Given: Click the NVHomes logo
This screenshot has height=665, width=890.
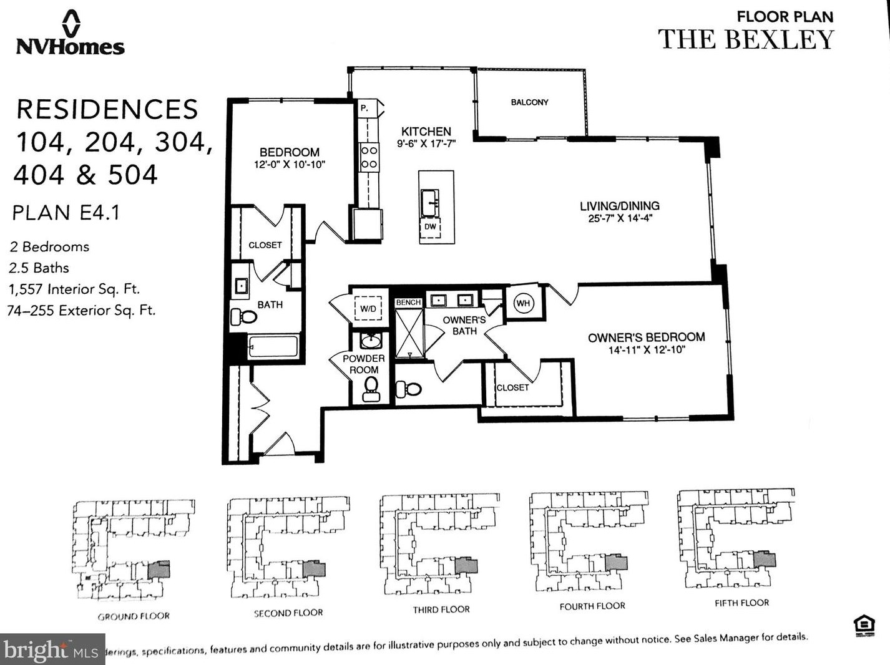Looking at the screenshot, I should (71, 34).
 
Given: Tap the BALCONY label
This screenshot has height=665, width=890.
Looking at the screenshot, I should (529, 102).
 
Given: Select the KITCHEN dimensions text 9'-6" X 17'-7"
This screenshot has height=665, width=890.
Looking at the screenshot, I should (426, 143).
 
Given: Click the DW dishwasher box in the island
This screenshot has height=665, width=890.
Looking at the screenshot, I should (430, 227).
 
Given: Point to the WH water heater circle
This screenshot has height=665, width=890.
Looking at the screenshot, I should (523, 303).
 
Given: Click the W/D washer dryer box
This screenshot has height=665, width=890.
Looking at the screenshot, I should (368, 309).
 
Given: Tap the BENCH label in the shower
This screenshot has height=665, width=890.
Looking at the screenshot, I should (408, 303).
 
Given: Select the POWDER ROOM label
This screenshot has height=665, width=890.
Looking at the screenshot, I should (363, 364).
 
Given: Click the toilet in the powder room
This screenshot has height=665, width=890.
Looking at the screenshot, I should (371, 389).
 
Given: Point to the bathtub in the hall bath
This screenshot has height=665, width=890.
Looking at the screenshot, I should (273, 346).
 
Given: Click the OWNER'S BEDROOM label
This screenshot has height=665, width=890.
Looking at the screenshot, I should (646, 337).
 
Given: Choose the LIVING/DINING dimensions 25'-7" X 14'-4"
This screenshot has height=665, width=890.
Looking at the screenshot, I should (620, 218).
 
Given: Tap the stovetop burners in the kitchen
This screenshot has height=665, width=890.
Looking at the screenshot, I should (369, 157).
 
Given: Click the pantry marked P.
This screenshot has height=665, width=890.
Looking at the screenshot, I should (364, 108).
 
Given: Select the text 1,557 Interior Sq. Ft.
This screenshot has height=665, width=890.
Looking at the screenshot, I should (74, 289).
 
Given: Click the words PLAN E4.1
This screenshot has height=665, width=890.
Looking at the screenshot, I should (66, 213).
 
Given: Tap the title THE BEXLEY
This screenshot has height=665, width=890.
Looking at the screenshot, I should (746, 39).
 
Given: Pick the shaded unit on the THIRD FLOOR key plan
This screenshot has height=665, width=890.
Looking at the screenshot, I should (466, 566).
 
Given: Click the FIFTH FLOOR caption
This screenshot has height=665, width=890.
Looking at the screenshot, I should (741, 603).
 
